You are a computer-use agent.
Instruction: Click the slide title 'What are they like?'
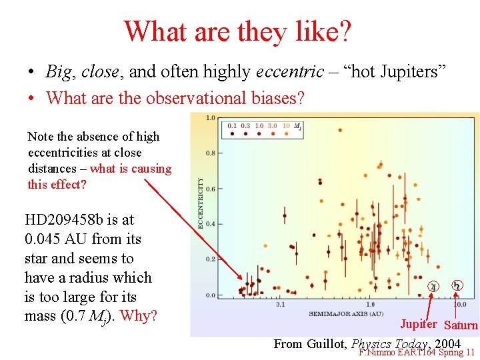238,31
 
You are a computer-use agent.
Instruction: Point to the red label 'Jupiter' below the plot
418,325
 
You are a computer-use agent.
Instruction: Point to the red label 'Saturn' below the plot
461,325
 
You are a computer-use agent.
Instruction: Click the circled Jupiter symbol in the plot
433,287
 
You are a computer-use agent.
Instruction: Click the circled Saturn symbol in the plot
457,286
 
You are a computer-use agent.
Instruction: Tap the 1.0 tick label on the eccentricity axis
211,119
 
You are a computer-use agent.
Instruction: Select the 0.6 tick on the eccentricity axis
211,189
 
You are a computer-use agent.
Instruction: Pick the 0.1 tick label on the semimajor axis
280,304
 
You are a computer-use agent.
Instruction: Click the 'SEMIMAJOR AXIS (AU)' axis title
345,313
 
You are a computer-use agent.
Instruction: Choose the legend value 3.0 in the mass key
272,125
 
